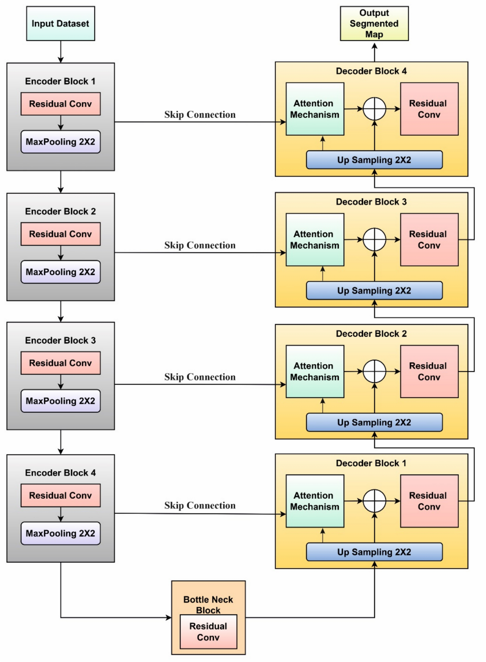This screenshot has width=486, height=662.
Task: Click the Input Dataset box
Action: (60, 23)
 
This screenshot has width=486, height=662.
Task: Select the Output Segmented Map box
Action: (374, 23)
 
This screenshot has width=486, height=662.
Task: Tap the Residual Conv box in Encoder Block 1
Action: (60, 104)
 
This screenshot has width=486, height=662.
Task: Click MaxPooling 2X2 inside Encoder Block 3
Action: (60, 401)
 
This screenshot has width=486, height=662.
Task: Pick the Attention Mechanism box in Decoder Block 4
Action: (314, 109)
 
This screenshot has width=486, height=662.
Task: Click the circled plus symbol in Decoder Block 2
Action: (374, 371)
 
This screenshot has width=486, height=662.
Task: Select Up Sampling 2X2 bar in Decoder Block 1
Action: (374, 552)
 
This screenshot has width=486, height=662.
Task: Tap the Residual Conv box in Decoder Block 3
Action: (429, 239)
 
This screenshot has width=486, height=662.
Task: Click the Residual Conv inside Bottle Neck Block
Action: (208, 632)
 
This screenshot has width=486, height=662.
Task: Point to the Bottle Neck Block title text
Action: (208, 604)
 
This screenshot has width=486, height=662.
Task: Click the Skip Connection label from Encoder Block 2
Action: (200, 245)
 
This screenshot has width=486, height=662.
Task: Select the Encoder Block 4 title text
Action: (60, 473)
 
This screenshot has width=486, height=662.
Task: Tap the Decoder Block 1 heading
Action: (371, 463)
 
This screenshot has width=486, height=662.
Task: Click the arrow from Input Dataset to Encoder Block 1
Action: (61, 52)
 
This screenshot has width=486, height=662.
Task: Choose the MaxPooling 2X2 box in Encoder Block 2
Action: (60, 272)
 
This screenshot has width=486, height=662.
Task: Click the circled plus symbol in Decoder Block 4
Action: (374, 109)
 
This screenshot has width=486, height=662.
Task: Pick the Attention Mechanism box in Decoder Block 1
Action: (314, 501)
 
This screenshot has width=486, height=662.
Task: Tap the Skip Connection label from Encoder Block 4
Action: (200, 505)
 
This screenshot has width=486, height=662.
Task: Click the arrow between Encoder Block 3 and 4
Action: (61, 442)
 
